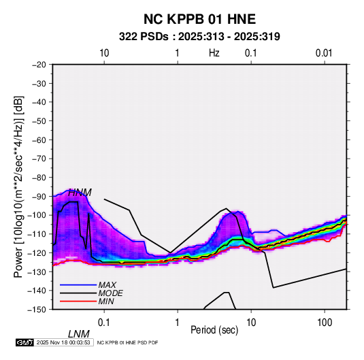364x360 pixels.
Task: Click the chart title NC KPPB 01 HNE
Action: tap(199, 19)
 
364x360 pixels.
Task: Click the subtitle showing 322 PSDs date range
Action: tap(199, 37)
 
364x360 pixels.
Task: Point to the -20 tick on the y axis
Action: tap(39, 65)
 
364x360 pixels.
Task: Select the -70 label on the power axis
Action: tap(39, 159)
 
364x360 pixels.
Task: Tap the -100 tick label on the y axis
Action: tap(37, 215)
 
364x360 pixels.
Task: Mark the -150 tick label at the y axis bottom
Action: tap(37, 310)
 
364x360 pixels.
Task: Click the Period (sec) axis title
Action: tap(214, 330)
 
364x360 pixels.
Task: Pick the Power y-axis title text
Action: tap(18, 187)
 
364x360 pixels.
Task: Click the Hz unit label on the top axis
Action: tap(214, 53)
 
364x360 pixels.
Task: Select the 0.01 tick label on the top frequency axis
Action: tap(324, 53)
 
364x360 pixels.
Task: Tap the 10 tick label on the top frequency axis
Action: tap(104, 53)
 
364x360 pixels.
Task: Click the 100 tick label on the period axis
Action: tap(325, 323)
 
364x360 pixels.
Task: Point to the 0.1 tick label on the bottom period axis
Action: tap(104, 323)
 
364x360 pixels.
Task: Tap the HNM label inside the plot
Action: tap(80, 193)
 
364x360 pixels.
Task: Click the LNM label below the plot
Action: tap(79, 334)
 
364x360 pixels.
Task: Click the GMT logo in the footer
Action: tap(25, 342)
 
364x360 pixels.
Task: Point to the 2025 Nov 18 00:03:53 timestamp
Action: tap(63, 342)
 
